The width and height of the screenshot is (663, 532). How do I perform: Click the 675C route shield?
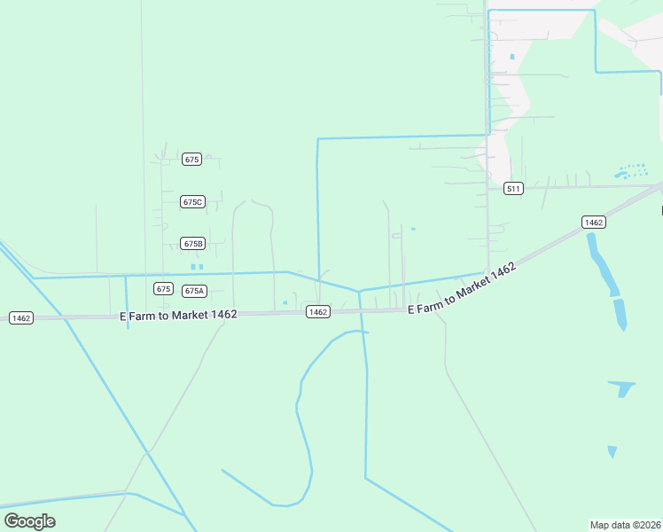192,202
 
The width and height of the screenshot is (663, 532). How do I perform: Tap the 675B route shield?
192,243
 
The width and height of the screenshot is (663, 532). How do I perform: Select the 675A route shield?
194,291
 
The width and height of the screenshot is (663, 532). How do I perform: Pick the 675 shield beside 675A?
162,289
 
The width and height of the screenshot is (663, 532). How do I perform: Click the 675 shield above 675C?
191,160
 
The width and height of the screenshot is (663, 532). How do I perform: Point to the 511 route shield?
513,188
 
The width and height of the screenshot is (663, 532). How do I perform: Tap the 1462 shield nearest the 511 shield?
593,222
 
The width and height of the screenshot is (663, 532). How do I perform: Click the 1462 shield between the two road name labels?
318,311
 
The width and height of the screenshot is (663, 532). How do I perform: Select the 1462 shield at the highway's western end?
20,317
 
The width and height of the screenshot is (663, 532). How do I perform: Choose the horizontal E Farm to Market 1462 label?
178,315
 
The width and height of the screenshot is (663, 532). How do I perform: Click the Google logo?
29,520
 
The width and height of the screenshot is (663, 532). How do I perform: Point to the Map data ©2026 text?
625,524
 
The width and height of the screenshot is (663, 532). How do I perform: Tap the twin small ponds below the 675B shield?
196,266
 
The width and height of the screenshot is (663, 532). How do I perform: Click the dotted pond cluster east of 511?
630,170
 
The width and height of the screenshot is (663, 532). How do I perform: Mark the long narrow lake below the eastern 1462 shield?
604,266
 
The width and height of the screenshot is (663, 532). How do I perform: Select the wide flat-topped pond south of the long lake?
621,387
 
